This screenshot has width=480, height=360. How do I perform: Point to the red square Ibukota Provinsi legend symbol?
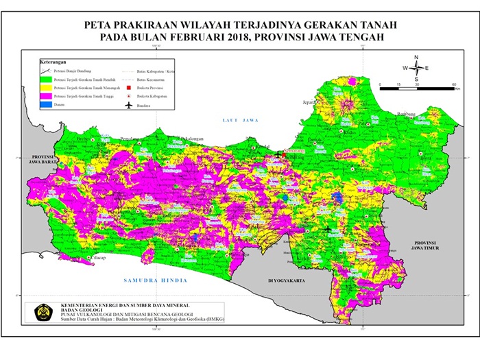(128, 88)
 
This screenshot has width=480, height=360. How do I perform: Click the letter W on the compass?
(405, 68)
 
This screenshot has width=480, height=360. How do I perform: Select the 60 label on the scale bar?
(455, 84)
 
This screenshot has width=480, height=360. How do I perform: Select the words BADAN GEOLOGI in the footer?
(82, 309)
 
